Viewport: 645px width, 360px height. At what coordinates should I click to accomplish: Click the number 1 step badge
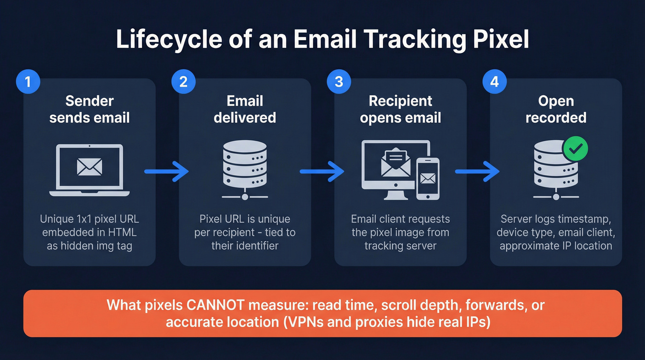(28, 83)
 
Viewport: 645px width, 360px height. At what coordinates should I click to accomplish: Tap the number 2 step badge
(183, 83)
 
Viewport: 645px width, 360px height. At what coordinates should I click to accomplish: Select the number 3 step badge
(339, 83)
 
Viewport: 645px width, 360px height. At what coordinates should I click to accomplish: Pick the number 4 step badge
(494, 83)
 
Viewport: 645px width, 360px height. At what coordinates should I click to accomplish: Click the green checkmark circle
(575, 148)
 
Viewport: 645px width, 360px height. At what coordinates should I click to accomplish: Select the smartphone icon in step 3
(428, 178)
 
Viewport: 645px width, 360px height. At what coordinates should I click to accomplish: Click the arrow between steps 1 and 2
(166, 171)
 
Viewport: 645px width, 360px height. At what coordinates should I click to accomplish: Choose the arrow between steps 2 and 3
(322, 171)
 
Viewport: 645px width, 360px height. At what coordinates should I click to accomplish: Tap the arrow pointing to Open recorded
(477, 171)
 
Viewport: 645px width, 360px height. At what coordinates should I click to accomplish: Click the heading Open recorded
(556, 109)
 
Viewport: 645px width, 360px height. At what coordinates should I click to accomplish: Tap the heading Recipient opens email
(400, 109)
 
